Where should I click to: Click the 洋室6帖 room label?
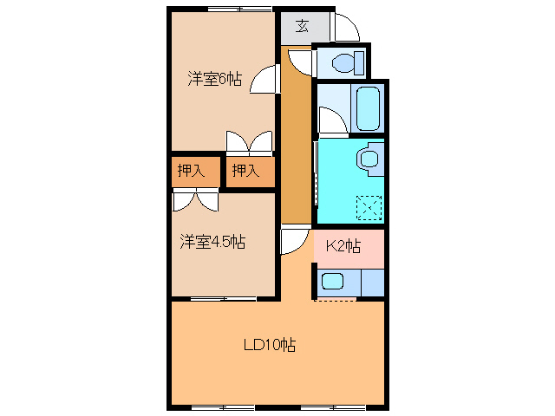(x=213, y=79)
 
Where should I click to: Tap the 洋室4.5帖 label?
(x=212, y=242)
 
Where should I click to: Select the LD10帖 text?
(x=269, y=345)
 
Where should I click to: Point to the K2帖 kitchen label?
(x=343, y=246)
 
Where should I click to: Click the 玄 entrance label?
(x=301, y=26)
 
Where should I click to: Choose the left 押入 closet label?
(x=191, y=171)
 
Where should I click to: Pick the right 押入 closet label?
(x=245, y=171)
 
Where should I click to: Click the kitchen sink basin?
(x=334, y=281)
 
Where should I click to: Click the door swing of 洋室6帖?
(x=264, y=80)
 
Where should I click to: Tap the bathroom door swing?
(x=332, y=120)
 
